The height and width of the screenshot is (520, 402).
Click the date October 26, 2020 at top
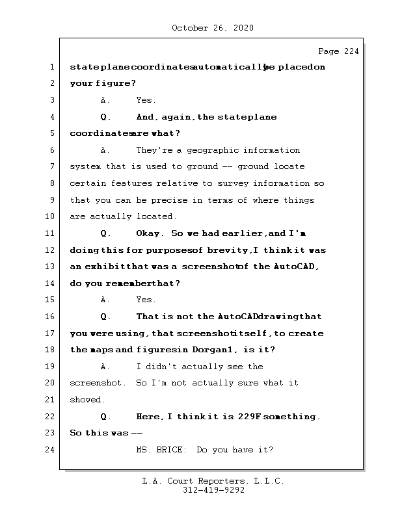pos(213,28)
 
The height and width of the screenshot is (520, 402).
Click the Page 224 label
pos(338,51)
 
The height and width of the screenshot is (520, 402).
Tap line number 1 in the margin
pos(51,67)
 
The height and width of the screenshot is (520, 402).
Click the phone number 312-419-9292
pos(213,491)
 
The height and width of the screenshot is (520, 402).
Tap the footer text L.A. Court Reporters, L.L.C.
pos(213,482)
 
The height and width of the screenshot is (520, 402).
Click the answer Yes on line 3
pos(145,100)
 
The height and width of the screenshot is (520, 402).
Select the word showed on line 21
pos(87,400)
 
